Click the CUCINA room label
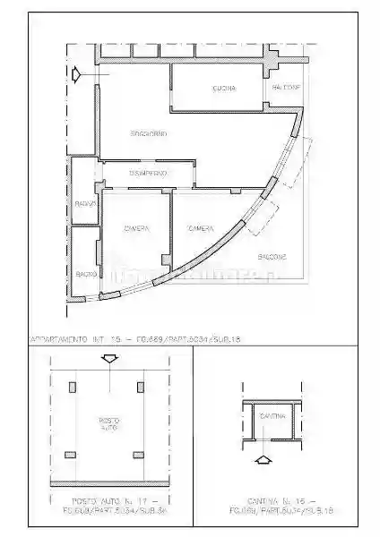(224, 88)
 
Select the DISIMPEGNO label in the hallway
(147, 172)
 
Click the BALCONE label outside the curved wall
(272, 257)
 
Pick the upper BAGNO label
(86, 206)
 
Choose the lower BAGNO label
(86, 273)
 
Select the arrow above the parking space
(109, 359)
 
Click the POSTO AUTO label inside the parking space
(108, 423)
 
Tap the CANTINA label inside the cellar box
(272, 417)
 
